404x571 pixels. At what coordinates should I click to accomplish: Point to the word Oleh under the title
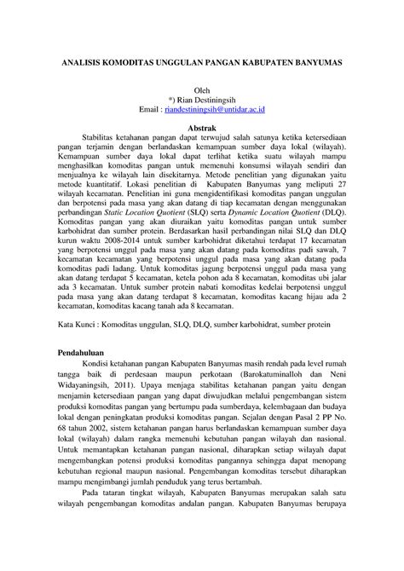[202, 90]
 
